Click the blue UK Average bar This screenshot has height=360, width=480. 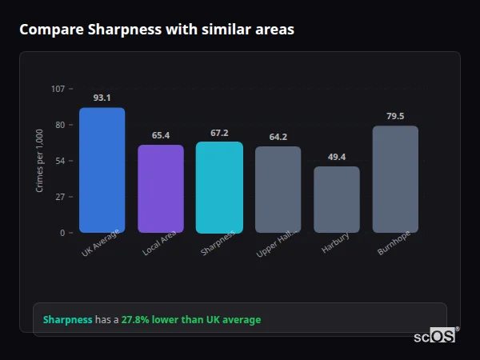pos(102,170)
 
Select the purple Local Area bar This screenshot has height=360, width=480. pos(161,189)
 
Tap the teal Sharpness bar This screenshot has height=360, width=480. pos(219,187)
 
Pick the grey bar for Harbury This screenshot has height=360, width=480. pos(337,199)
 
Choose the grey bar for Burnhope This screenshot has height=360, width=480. pos(395,179)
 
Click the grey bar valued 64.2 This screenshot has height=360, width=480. pos(278,190)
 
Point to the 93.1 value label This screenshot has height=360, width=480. pos(102,98)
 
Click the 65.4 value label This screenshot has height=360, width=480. pos(161,135)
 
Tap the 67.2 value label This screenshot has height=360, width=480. pos(219,133)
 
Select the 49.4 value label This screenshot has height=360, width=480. pos(337,157)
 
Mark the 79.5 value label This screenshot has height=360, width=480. pos(395,116)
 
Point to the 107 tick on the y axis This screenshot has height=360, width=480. pos(58,89)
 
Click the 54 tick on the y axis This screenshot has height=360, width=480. pos(60,161)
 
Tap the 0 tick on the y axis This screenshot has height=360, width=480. pos(62,233)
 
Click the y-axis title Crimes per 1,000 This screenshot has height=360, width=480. pos(40,161)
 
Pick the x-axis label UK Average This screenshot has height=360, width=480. pos(101,243)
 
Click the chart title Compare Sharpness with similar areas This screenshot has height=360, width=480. pos(157,30)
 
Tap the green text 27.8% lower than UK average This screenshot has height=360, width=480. pos(191,320)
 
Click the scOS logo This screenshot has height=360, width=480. pos(434,337)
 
